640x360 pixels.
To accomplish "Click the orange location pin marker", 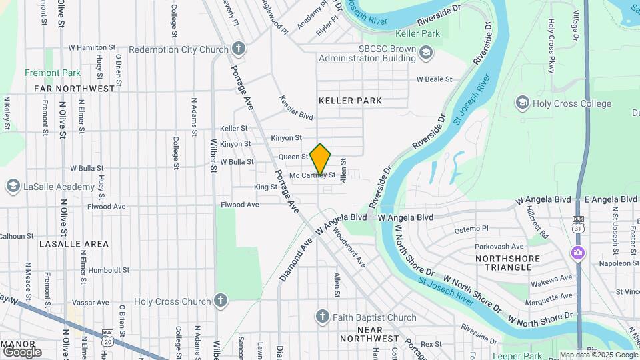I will pyautogui.click(x=320, y=159).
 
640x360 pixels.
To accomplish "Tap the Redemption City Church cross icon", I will pyautogui.click(x=239, y=49).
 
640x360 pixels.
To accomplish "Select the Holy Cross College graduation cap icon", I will pyautogui.click(x=522, y=103).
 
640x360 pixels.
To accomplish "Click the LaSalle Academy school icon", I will pyautogui.click(x=12, y=186).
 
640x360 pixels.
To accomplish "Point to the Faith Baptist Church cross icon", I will pyautogui.click(x=322, y=317).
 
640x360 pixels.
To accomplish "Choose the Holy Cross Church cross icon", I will pyautogui.click(x=221, y=301).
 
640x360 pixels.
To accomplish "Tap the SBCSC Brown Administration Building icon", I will pyautogui.click(x=425, y=52).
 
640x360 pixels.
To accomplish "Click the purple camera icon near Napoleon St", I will pyautogui.click(x=577, y=253).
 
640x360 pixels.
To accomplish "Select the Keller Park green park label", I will pyautogui.click(x=417, y=33).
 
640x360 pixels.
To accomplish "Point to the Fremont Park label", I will pyautogui.click(x=52, y=73).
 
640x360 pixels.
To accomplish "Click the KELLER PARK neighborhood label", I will pyautogui.click(x=350, y=101).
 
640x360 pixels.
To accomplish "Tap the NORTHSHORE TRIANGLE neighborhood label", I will pyautogui.click(x=504, y=262).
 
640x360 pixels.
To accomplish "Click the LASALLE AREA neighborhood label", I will pyautogui.click(x=73, y=244).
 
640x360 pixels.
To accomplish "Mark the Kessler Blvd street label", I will pyautogui.click(x=296, y=107).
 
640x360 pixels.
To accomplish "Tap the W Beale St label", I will pyautogui.click(x=434, y=79).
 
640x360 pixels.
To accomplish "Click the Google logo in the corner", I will pyautogui.click(x=22, y=351).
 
